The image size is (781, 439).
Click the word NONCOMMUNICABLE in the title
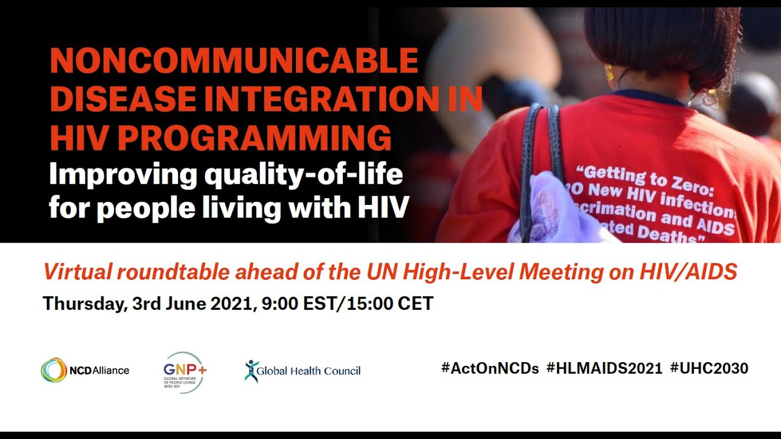[x=234, y=61]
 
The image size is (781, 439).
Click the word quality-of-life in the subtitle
[x=303, y=175]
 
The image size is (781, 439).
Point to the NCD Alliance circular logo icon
[x=54, y=370]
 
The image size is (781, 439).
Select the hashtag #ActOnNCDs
[x=489, y=368]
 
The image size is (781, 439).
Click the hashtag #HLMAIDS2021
[x=604, y=368]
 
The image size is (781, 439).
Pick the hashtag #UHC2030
[x=709, y=368]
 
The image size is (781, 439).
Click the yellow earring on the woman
[x=608, y=74]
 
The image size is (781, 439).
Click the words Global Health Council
[x=308, y=371]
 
